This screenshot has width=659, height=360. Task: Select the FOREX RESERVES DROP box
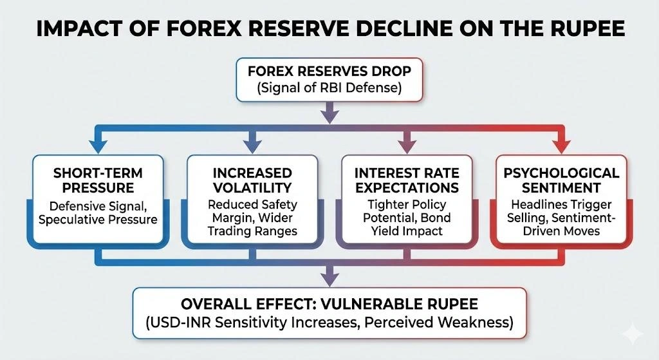tap(329, 80)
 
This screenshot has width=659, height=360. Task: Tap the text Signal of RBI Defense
tap(329, 89)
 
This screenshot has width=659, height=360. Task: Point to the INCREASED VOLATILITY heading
tap(252, 180)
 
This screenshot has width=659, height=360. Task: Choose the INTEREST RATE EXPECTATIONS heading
tap(407, 180)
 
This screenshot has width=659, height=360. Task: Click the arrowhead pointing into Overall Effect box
tap(329, 279)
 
